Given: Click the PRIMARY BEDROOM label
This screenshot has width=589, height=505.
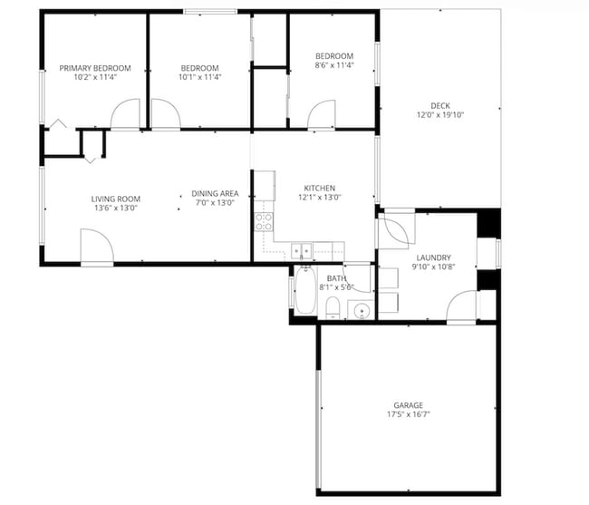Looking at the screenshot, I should pos(95,68).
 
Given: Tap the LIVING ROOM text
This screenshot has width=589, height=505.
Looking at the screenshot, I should pos(115,199).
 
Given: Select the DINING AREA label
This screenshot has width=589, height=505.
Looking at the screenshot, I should pos(215,193).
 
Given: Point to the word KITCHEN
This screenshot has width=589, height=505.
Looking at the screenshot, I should pos(320,188).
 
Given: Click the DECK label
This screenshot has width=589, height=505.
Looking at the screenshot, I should pos(439,105).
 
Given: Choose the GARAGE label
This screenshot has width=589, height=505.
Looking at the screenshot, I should pos(408,405).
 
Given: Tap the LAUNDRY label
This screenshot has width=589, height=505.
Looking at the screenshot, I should pos(431,257).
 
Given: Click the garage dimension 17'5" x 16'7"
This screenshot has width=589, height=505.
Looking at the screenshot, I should pos(408,415).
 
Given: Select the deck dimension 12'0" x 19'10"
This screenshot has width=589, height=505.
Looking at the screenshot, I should pos(439,115).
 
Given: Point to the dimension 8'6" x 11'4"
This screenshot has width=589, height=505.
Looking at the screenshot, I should pos(333,65).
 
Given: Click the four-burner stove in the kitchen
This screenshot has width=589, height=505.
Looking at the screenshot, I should pos(264,223).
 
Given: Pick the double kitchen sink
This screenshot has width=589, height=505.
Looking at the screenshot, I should pos(302,250).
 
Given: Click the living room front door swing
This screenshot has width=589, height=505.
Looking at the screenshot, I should pos(96,247).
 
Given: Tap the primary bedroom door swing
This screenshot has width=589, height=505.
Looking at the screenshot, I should pos(126,114).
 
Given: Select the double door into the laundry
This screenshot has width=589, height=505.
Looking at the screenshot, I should pos(395,230).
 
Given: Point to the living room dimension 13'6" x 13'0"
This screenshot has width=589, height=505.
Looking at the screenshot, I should pos(115,209).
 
